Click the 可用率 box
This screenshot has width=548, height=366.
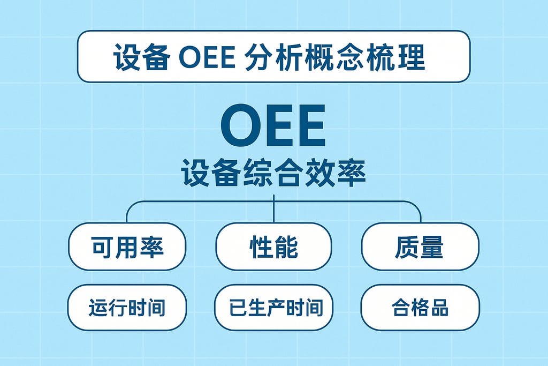[127, 247]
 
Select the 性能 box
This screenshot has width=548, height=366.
[273, 247]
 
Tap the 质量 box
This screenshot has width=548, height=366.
[420, 247]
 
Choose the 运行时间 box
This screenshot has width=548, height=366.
[127, 308]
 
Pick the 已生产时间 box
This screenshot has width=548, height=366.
[273, 308]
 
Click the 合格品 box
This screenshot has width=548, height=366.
[420, 308]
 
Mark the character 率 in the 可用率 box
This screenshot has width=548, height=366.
[152, 247]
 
